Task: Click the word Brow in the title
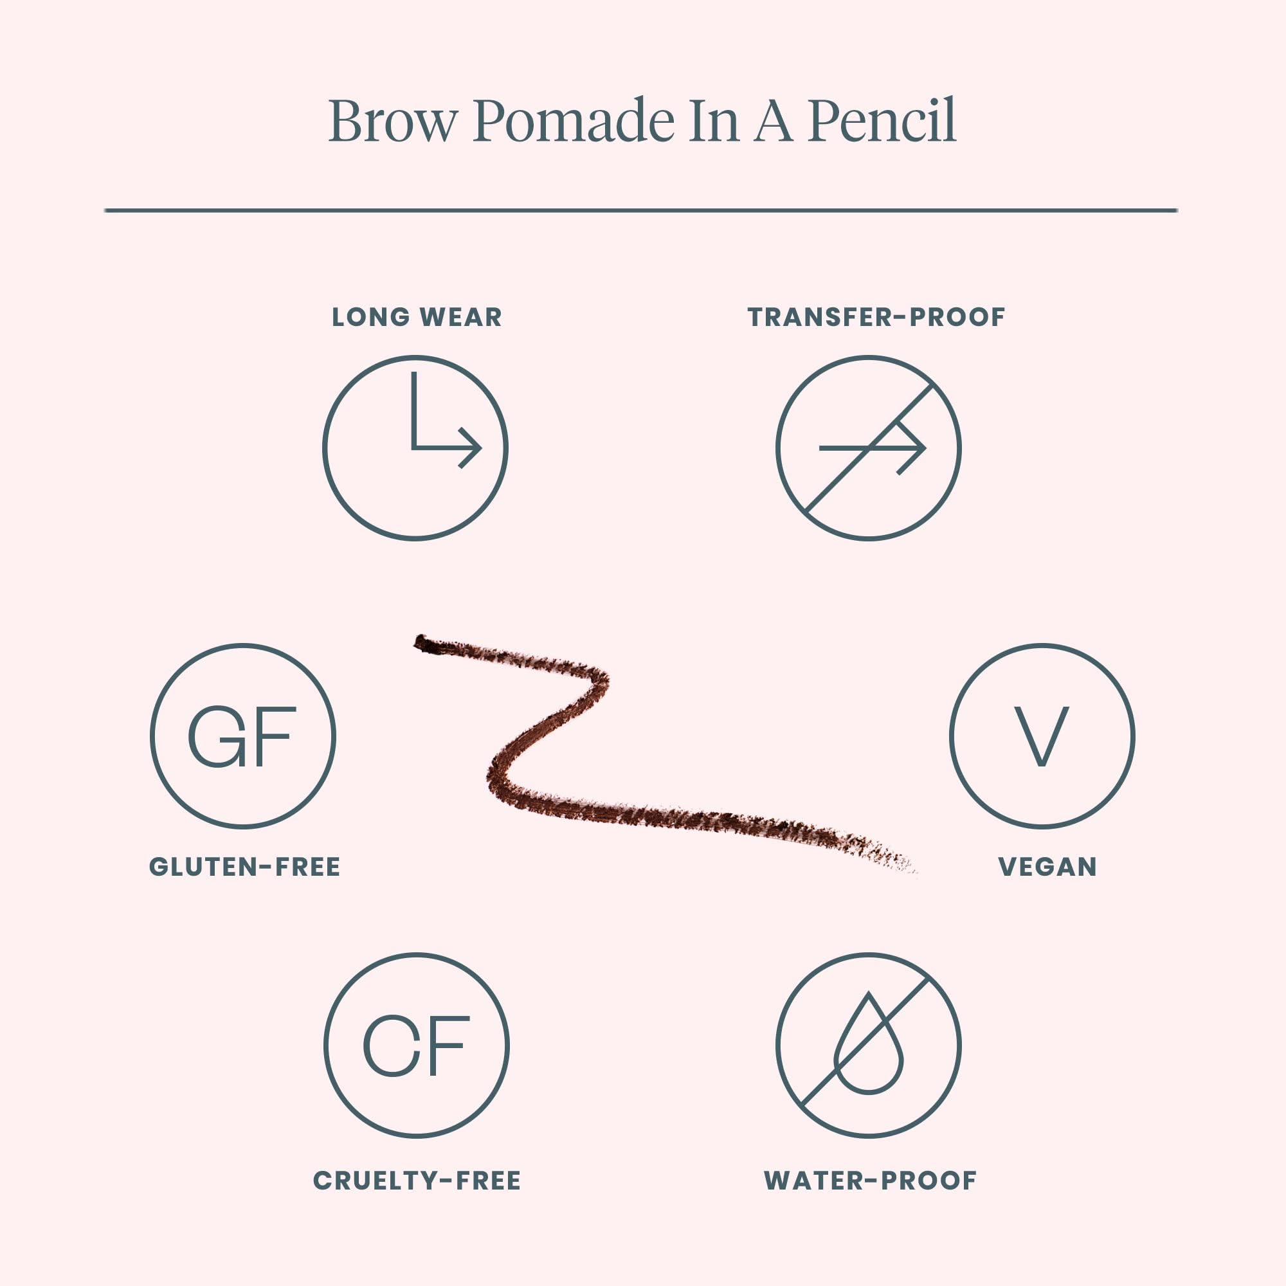tap(393, 121)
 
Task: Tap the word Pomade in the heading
tap(574, 121)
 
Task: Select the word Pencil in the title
tap(882, 121)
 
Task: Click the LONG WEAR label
tap(417, 318)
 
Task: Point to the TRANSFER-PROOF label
tap(876, 318)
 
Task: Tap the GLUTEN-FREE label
tap(244, 867)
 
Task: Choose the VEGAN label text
tap(1047, 867)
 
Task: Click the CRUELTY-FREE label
tap(417, 1181)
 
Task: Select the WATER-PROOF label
tap(870, 1181)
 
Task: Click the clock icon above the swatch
tap(415, 448)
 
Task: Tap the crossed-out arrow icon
tap(868, 448)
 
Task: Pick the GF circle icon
tap(243, 736)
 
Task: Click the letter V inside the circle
tap(1042, 736)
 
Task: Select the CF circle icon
tap(417, 1045)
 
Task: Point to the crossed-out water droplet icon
tap(868, 1045)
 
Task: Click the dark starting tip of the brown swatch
tap(423, 643)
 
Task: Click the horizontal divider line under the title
tap(640, 210)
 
